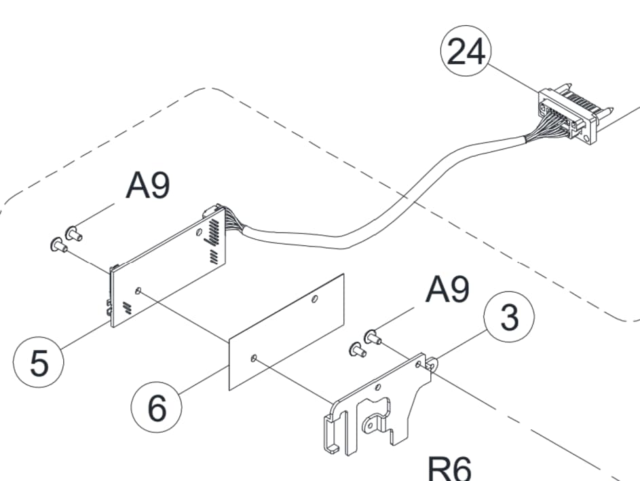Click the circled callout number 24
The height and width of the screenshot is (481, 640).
click(466, 51)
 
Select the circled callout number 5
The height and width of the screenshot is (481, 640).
click(39, 362)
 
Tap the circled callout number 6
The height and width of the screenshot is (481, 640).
click(157, 408)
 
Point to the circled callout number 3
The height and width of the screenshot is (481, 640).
click(509, 317)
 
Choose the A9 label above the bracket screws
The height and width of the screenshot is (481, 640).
click(447, 289)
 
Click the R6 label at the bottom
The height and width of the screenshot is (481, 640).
click(449, 469)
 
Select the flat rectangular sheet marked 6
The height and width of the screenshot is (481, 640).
click(286, 332)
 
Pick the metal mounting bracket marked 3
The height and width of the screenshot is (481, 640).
click(377, 405)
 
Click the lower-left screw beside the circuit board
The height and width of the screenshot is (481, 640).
click(59, 245)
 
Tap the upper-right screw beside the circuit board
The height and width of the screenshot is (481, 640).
click(74, 233)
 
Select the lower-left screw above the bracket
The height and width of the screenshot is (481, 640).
click(358, 349)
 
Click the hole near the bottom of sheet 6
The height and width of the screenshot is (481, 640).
click(254, 359)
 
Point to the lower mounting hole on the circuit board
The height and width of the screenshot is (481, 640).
click(138, 291)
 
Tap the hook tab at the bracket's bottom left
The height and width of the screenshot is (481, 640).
click(331, 434)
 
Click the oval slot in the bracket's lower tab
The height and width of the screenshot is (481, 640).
click(370, 426)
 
